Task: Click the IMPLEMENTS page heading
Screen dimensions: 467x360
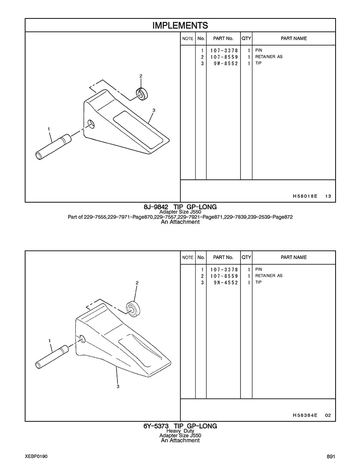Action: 180,25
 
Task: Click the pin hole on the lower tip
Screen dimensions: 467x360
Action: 82,339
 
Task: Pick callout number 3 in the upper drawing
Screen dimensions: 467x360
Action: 153,110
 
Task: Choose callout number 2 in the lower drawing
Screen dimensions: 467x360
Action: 137,283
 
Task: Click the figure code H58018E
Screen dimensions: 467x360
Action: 305,196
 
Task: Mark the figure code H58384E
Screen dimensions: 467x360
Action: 305,415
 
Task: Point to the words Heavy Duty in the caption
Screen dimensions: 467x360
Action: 180,431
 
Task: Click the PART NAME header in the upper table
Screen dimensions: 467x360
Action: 294,39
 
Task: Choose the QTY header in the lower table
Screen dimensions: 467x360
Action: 246,257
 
